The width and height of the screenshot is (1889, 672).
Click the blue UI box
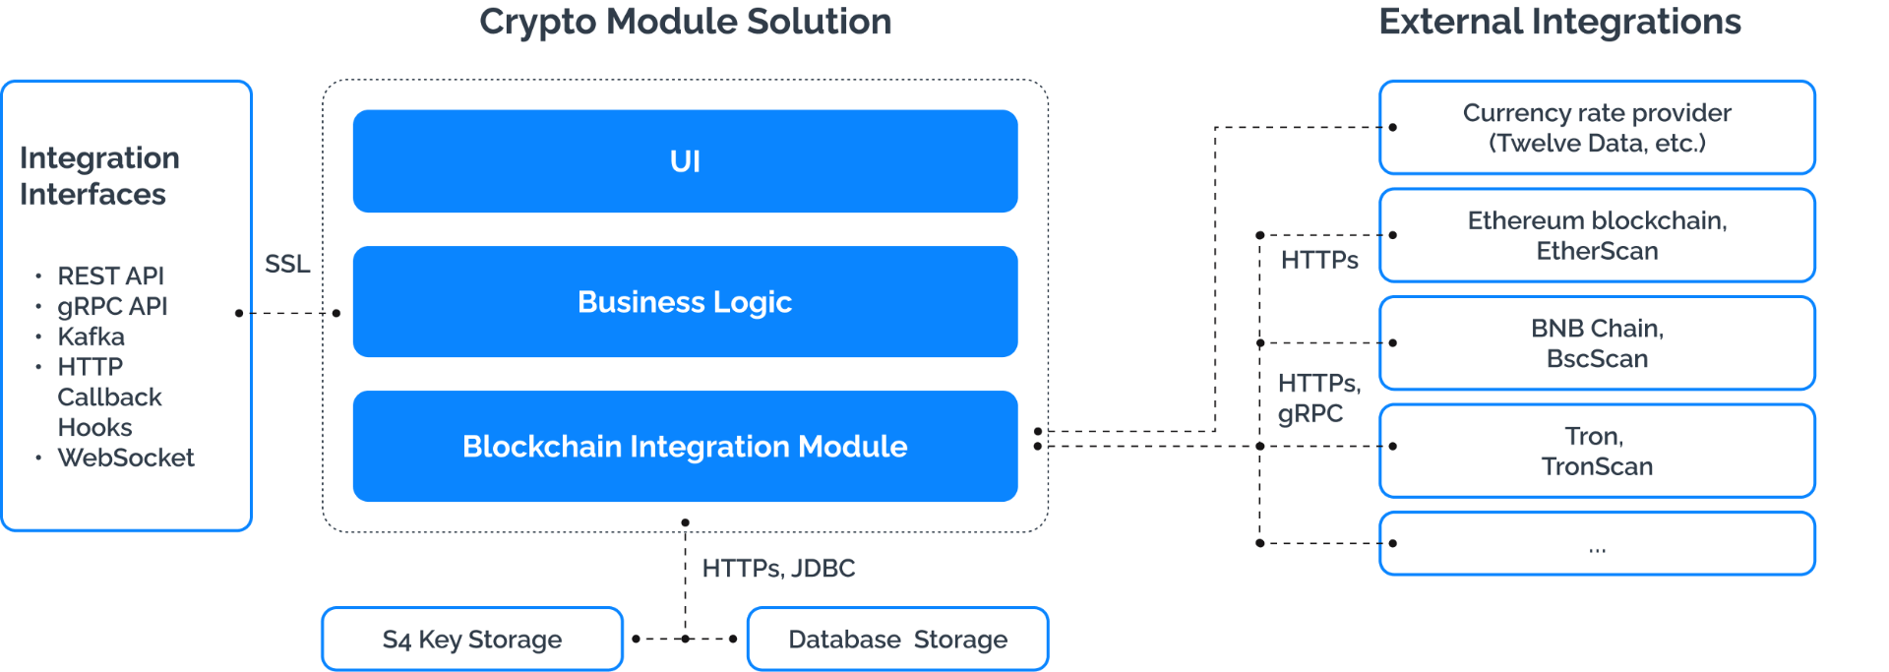coord(685,161)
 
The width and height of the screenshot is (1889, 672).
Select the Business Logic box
coord(685,302)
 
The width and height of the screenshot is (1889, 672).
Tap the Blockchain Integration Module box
coord(685,447)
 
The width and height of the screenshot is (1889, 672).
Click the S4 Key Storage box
coord(472,640)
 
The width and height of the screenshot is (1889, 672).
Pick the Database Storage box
coord(897,640)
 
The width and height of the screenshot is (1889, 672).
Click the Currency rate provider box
coord(1597,128)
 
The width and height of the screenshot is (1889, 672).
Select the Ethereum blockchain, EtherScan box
coord(1597,235)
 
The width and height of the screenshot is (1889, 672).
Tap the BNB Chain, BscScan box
coord(1597,343)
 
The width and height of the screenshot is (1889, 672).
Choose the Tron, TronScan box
coord(1597,451)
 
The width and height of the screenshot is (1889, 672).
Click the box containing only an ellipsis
coord(1597,543)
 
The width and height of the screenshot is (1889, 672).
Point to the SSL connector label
coord(287,264)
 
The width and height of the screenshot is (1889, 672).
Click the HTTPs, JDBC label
coord(778,568)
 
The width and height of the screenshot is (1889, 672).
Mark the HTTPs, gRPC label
coord(1317,397)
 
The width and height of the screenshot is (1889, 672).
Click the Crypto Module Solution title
coord(686,22)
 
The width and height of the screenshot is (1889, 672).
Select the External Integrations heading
coord(1559,22)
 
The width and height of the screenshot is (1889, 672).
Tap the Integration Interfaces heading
coord(99,176)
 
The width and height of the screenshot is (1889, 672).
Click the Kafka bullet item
coord(91,336)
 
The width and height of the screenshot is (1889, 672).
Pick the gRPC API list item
coord(112,306)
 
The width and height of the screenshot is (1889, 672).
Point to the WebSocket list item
coord(126,458)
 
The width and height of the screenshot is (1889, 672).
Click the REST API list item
coord(110,275)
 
